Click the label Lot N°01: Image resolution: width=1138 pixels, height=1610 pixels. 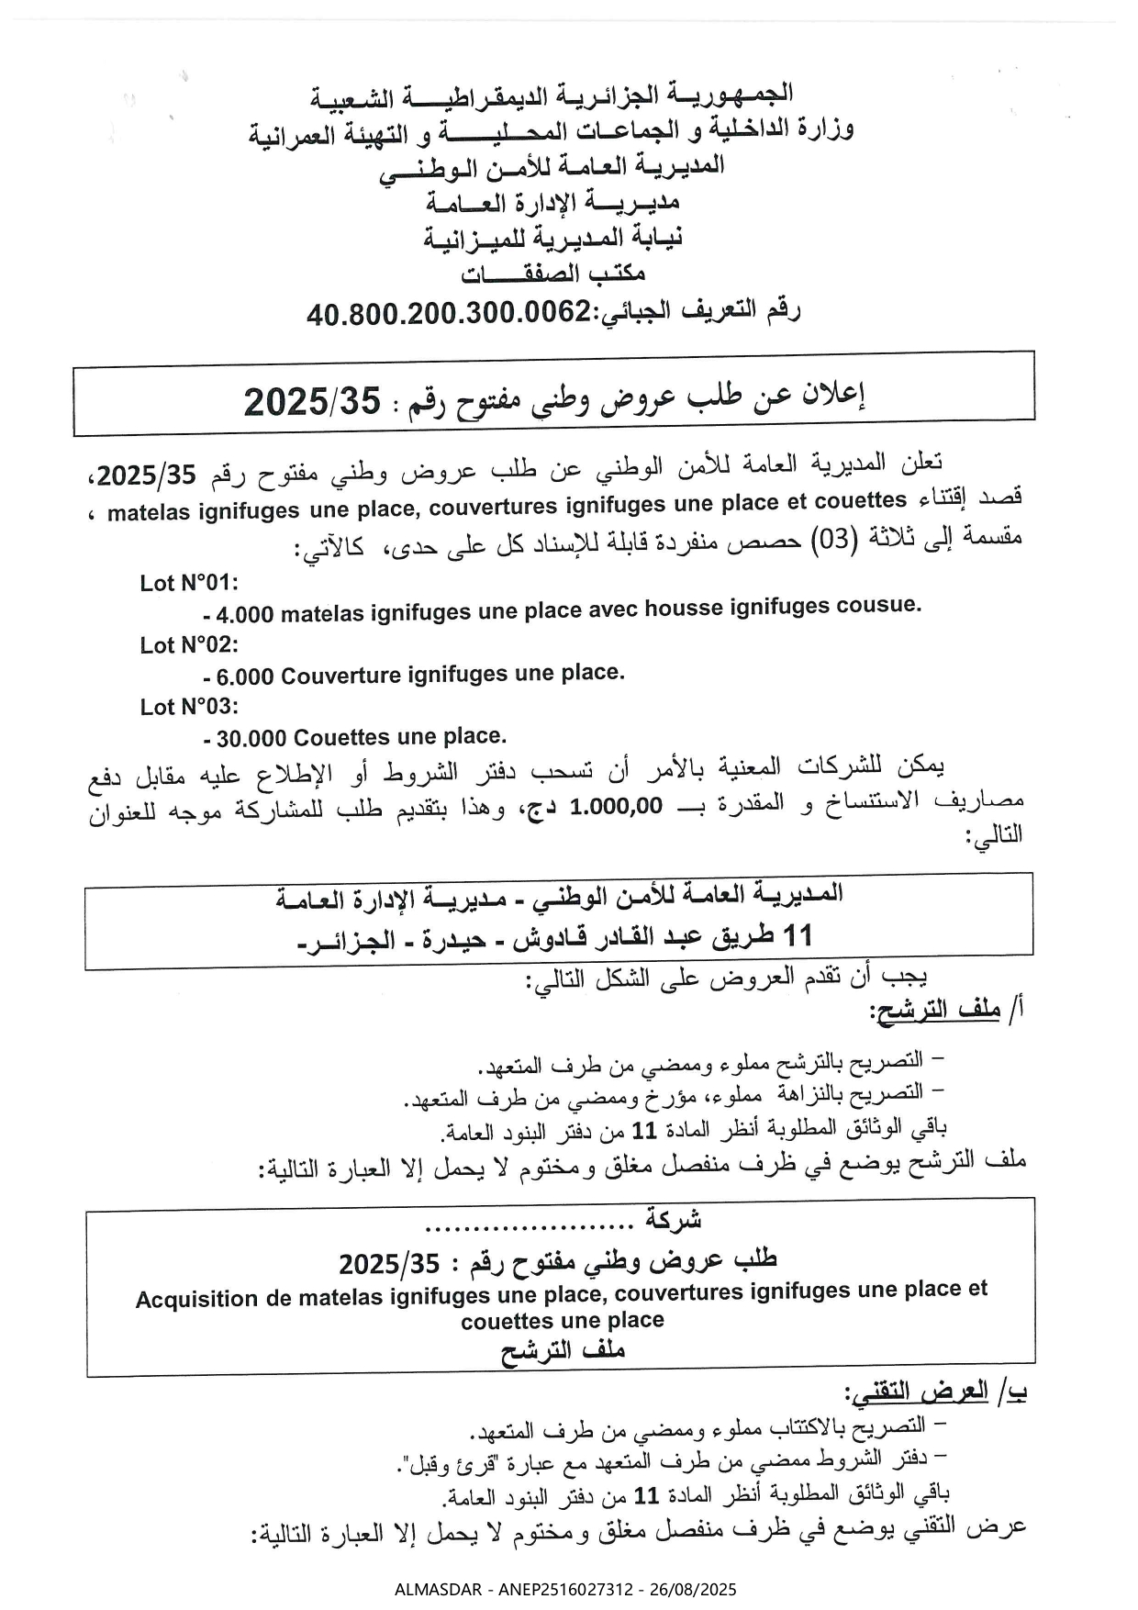[x=189, y=583]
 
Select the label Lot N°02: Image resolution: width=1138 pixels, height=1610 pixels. [x=189, y=645]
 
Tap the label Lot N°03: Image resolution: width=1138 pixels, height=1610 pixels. [x=189, y=707]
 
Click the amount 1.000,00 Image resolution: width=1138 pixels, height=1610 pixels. [x=615, y=807]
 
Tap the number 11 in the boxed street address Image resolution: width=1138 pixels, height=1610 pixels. [x=794, y=935]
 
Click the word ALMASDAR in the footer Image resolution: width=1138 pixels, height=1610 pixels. [x=436, y=1589]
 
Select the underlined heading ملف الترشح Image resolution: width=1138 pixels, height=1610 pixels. [x=935, y=1012]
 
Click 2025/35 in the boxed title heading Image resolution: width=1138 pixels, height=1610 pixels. [x=312, y=402]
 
